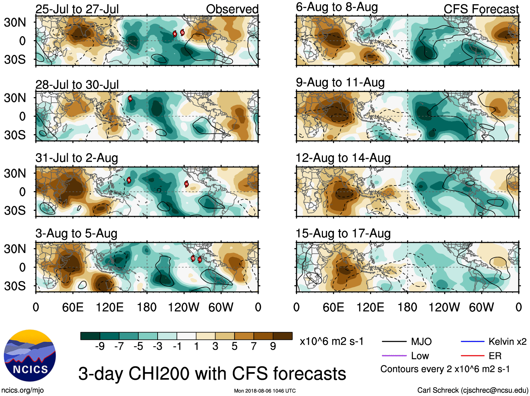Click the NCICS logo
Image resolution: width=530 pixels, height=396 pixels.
point(29,356)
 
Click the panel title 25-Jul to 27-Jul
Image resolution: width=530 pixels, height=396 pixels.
point(77,9)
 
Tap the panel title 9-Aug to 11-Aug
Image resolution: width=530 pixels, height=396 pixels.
point(340,83)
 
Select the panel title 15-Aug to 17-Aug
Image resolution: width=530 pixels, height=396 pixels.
point(343,233)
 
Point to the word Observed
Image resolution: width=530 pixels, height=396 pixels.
point(232,9)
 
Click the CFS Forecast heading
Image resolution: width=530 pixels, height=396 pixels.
point(481,9)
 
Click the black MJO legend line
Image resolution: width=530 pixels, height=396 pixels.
point(394,342)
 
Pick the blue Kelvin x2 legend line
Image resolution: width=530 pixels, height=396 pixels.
point(472,342)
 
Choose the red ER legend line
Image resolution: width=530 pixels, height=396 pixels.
point(472,356)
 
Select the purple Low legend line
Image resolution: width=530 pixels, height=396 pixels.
point(394,356)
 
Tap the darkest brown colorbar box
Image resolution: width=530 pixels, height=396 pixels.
point(283,336)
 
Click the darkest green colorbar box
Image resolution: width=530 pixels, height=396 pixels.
point(90,336)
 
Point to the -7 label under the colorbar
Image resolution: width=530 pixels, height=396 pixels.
point(119,346)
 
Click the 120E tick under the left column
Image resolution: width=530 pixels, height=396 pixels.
point(110,307)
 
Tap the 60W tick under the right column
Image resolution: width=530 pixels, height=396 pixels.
point(481,307)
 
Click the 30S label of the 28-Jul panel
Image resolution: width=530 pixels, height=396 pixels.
point(15,135)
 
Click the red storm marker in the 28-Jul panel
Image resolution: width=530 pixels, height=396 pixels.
point(130,98)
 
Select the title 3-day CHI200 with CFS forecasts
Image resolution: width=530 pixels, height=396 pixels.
point(212,373)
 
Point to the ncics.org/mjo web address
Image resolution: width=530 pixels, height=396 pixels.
point(22,390)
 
